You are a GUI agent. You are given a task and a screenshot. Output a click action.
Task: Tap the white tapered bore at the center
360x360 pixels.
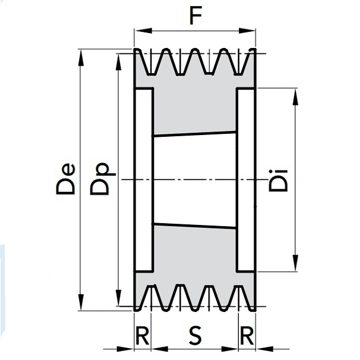[195, 180]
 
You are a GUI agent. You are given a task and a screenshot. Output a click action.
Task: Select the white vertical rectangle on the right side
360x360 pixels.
[246, 179]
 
